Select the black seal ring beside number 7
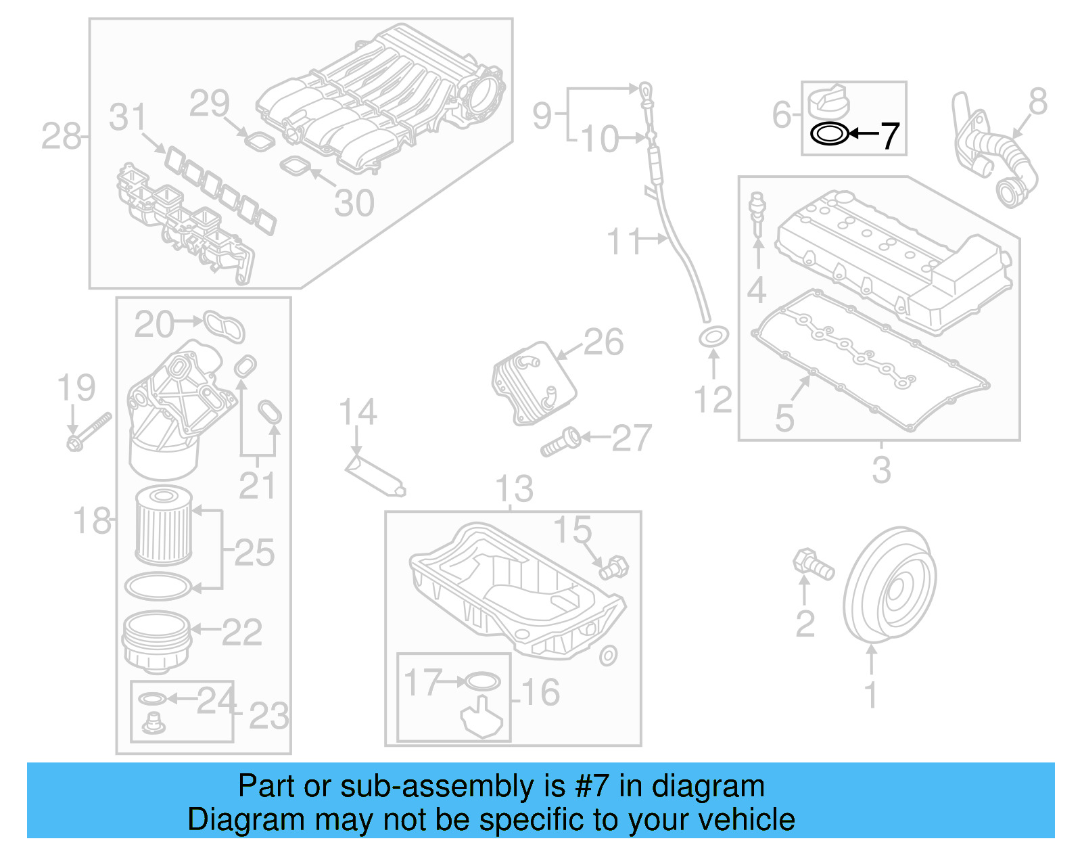click(829, 133)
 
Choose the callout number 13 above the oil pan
click(514, 489)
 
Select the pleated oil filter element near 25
click(164, 526)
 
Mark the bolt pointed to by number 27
click(561, 442)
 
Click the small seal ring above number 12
click(713, 336)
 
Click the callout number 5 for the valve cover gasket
click(784, 417)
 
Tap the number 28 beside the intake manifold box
click(60, 137)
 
